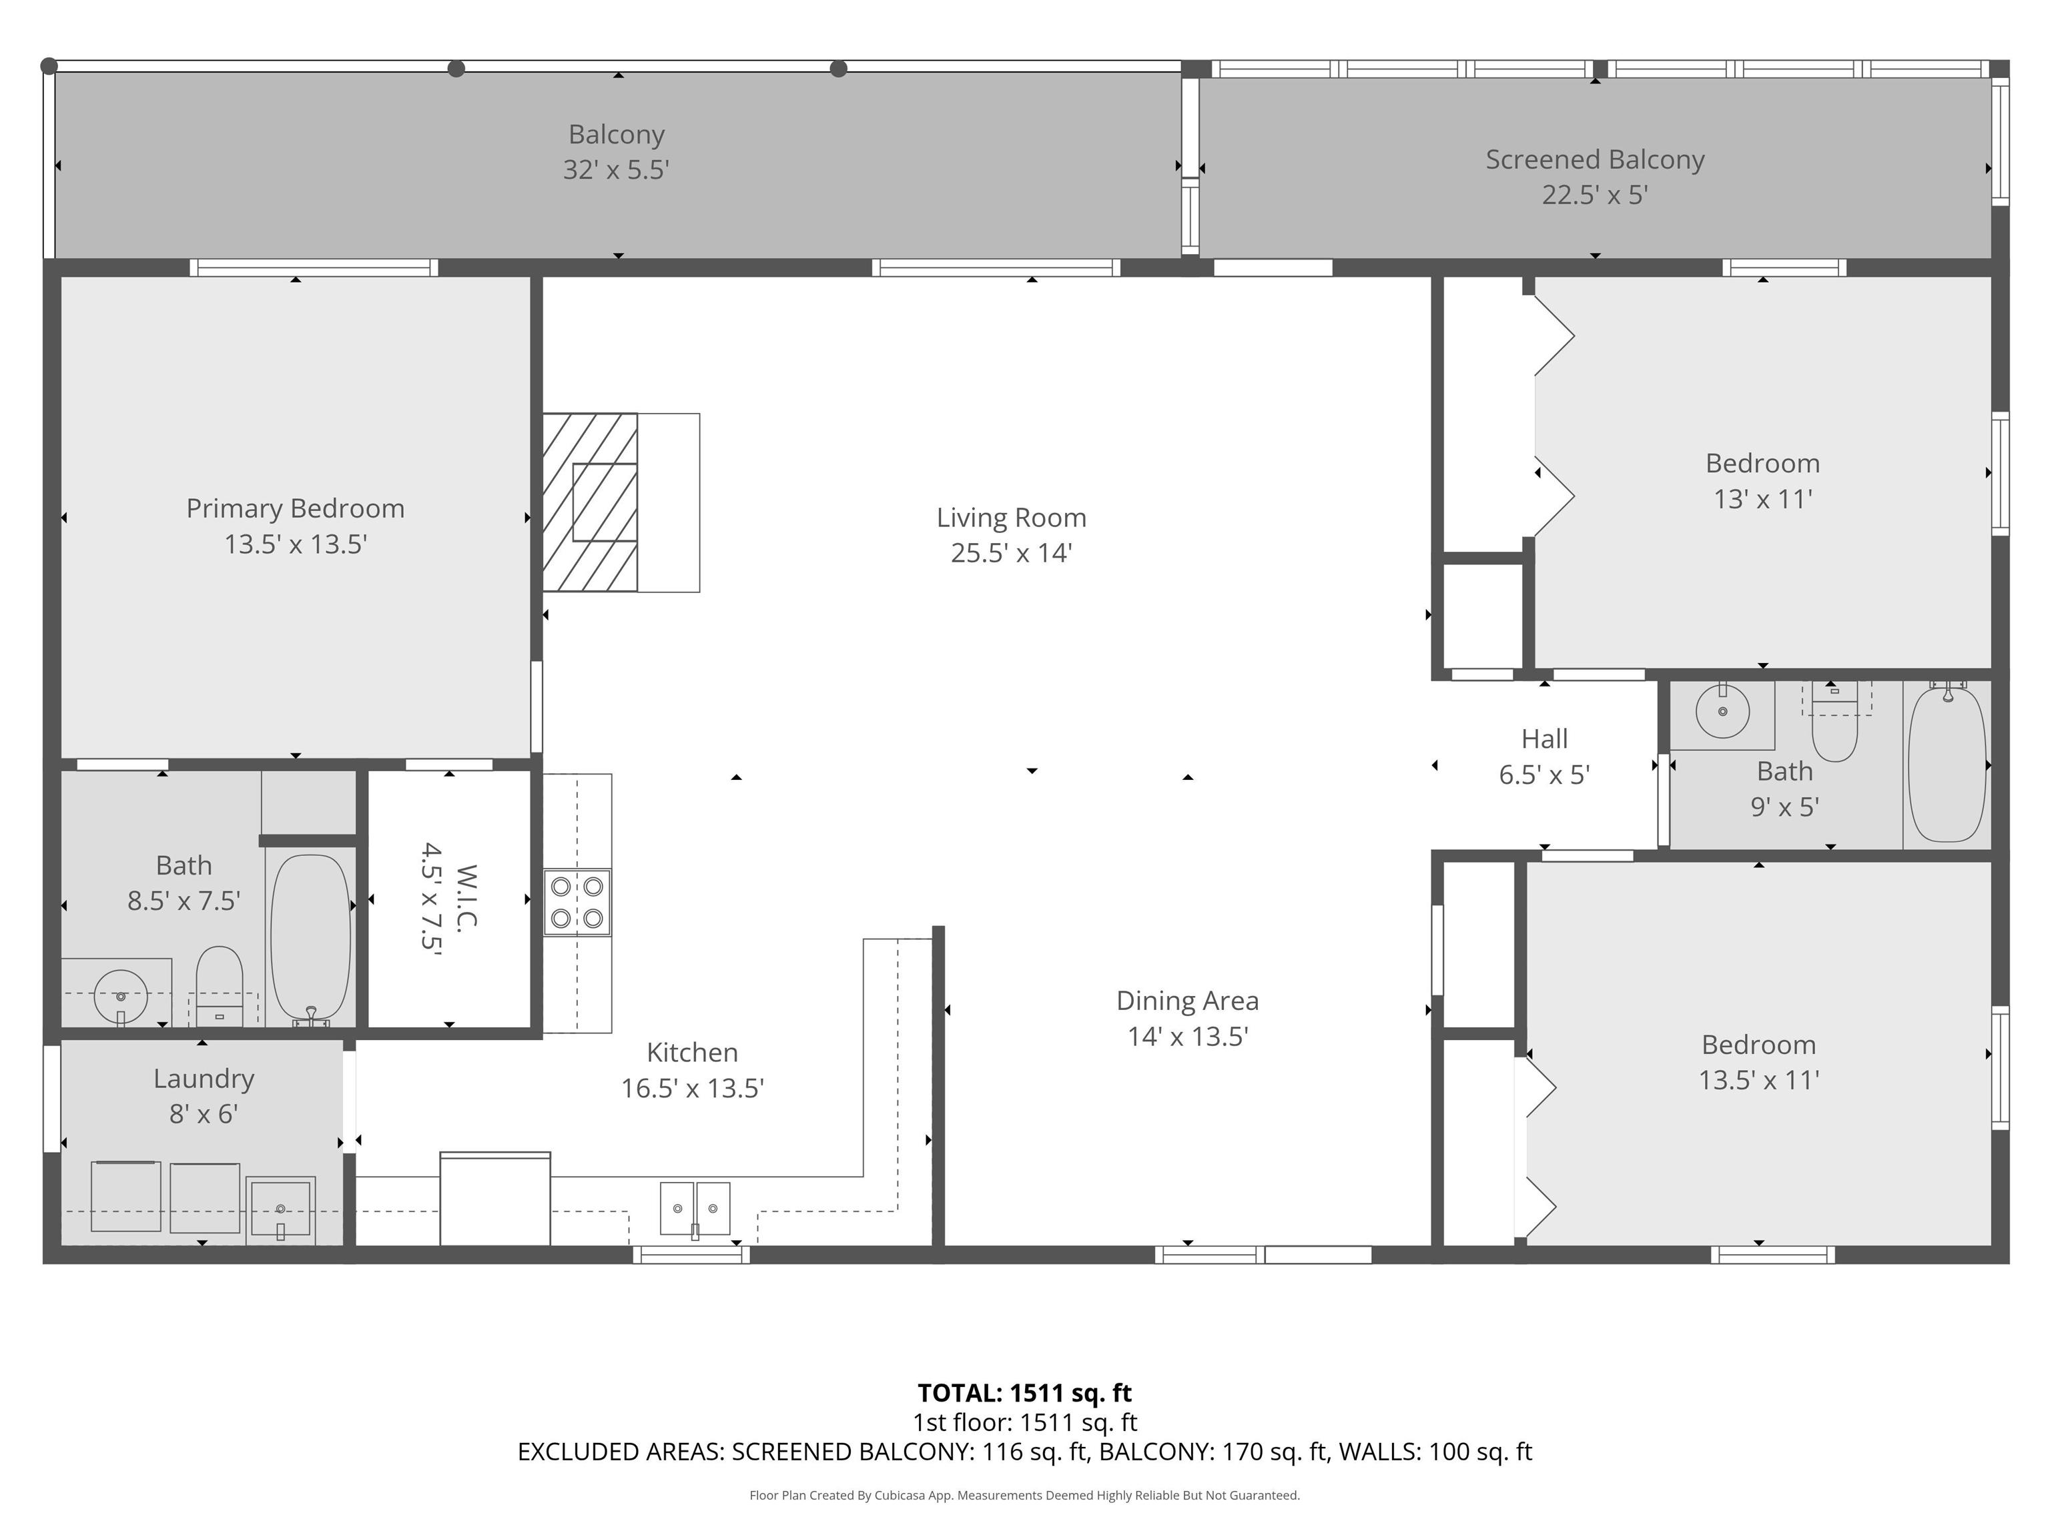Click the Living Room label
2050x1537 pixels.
tap(1010, 517)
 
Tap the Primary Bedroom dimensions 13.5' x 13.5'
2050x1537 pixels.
tap(296, 544)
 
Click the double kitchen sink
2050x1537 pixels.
tap(694, 1208)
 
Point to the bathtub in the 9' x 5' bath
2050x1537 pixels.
tap(1946, 765)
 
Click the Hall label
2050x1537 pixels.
tap(1544, 738)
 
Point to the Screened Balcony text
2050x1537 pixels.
tap(1594, 159)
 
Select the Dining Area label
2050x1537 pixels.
tap(1186, 1001)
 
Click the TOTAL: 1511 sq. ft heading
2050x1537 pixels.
tap(1024, 1392)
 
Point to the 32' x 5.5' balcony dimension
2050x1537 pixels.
tap(617, 169)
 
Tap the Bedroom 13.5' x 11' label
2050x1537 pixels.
tap(1758, 1063)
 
